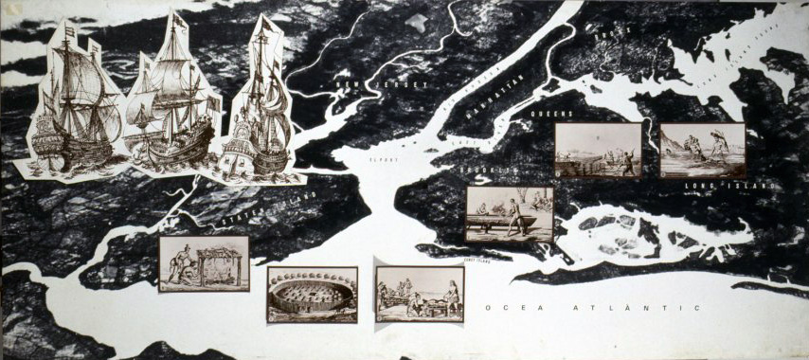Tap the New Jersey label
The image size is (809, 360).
(x=378, y=85)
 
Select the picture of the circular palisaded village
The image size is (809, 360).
(x=313, y=295)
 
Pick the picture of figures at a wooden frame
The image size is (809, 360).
(x=204, y=262)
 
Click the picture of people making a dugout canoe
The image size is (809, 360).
(x=510, y=213)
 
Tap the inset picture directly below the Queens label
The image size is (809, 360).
(x=598, y=150)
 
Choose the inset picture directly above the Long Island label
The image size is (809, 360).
(x=702, y=150)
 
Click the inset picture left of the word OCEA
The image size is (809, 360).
(x=420, y=293)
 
